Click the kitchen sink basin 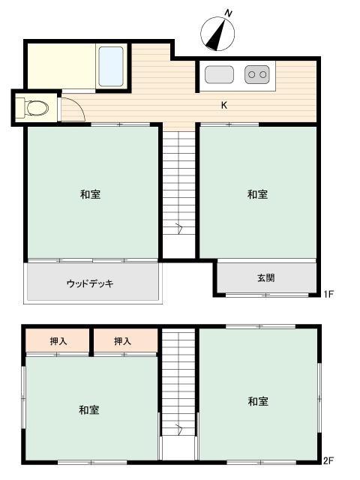(x=218, y=74)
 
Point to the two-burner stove (x=256, y=73)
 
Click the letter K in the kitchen (x=223, y=105)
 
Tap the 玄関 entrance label (x=266, y=278)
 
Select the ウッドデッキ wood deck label (x=89, y=283)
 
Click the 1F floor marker (x=328, y=295)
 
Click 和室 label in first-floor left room (x=90, y=195)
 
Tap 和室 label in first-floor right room (x=257, y=195)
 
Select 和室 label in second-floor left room (x=88, y=410)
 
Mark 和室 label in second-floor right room (x=258, y=402)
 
